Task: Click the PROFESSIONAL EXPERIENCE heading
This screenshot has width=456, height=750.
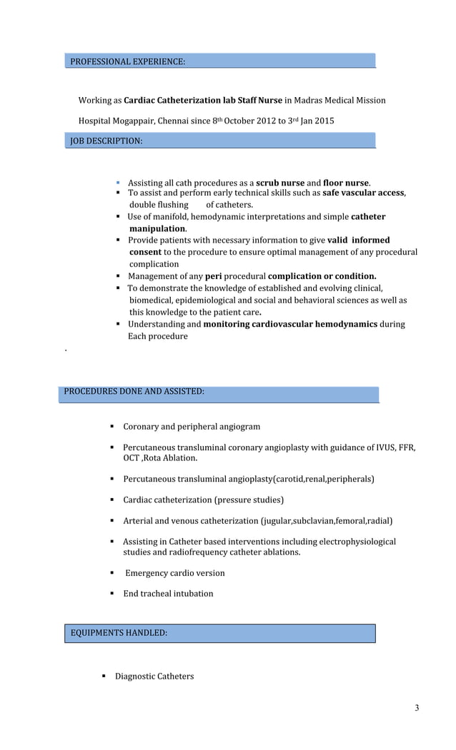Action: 128,62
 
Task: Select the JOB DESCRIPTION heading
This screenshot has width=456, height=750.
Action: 106,141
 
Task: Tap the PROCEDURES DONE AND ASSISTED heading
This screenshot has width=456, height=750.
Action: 134,391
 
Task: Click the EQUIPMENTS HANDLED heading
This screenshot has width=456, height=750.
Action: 119,632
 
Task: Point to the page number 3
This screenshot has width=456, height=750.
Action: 417,708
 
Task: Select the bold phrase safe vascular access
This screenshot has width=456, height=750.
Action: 363,193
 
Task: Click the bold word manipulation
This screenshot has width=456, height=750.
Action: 157,228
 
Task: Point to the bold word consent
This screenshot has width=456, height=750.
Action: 145,252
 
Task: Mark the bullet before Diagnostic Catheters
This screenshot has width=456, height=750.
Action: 104,676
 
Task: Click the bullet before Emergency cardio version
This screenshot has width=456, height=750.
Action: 113,573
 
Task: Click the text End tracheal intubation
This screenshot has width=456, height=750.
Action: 168,594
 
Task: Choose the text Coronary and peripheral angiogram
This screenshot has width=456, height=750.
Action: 192,427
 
